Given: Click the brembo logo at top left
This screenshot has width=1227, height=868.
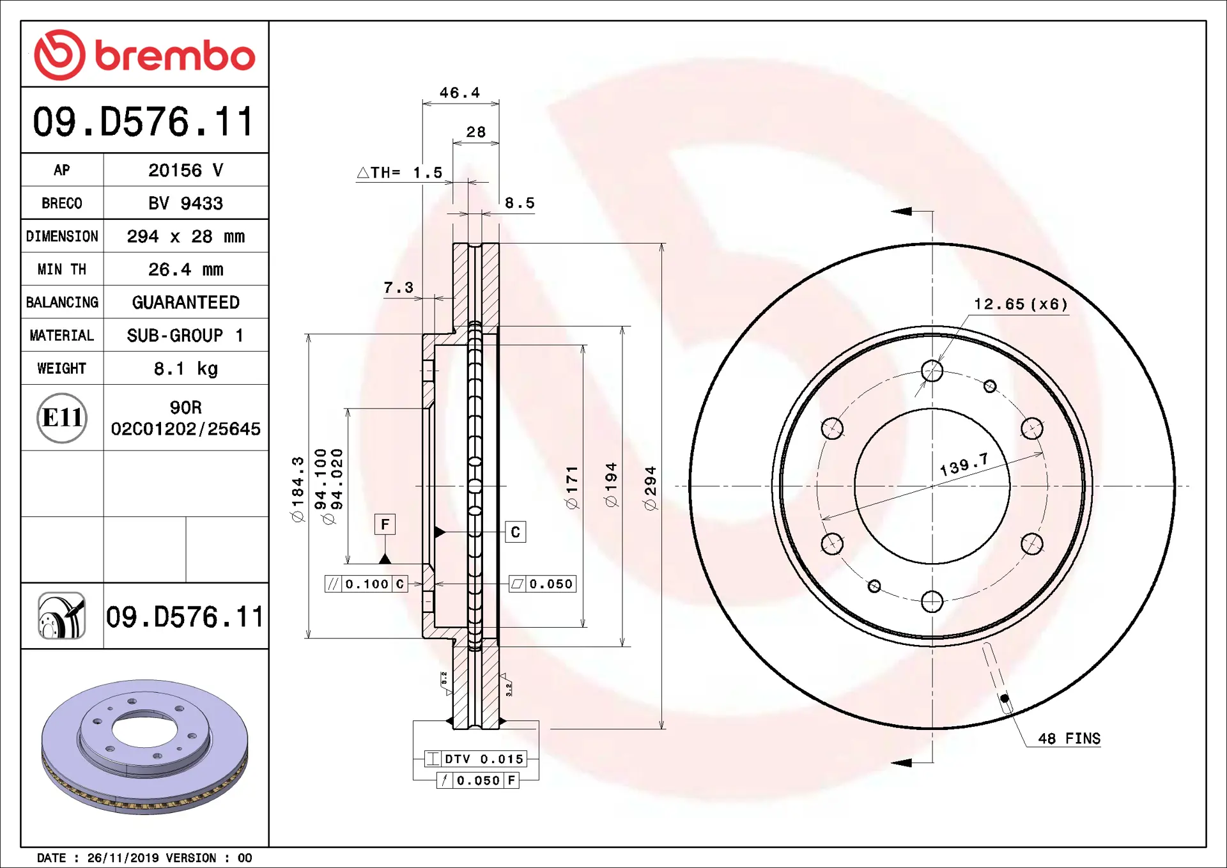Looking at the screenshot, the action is (x=144, y=55).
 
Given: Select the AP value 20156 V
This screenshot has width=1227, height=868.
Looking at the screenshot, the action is (x=186, y=170).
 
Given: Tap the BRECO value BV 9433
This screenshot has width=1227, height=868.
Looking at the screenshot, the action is (x=186, y=203).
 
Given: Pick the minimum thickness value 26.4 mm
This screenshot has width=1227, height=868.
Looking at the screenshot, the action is (x=186, y=269).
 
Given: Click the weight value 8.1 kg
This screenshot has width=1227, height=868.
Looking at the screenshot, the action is (x=186, y=368).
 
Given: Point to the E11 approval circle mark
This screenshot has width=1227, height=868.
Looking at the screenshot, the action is (x=62, y=418).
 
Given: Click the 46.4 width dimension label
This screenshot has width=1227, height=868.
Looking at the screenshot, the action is (x=459, y=93).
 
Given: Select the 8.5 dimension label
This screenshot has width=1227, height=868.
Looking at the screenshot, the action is (x=520, y=203).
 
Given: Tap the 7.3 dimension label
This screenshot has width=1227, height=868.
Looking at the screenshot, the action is (x=398, y=288).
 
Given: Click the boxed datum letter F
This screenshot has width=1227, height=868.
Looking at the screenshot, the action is (x=385, y=524).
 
